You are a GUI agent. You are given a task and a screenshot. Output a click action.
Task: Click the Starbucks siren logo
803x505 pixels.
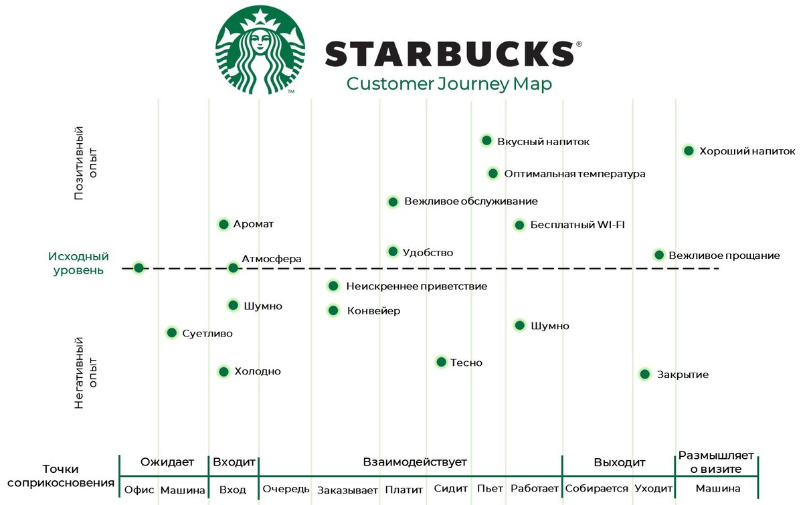pyautogui.click(x=260, y=50)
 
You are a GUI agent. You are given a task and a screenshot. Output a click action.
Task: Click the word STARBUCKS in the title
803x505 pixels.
pyautogui.click(x=449, y=54)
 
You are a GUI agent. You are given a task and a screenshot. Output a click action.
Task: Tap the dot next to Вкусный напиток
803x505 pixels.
pyautogui.click(x=486, y=140)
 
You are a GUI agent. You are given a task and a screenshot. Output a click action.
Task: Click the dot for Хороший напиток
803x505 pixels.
pyautogui.click(x=689, y=150)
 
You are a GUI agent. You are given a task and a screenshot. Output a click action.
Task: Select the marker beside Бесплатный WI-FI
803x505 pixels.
pyautogui.click(x=519, y=225)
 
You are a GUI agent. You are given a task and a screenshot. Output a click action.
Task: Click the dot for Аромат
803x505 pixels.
pyautogui.click(x=224, y=224)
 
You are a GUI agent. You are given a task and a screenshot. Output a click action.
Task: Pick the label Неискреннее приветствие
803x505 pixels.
pyautogui.click(x=416, y=286)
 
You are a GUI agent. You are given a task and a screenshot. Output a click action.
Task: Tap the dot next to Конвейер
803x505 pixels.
pyautogui.click(x=333, y=310)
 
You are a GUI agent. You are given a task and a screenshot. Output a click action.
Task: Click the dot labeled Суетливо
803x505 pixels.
pyautogui.click(x=171, y=332)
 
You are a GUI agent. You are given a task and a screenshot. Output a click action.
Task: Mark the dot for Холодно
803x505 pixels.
pyautogui.click(x=224, y=371)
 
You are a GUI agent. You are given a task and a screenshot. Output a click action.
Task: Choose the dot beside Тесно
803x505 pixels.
pyautogui.click(x=441, y=362)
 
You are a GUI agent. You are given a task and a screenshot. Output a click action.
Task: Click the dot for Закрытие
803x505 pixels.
pyautogui.click(x=644, y=374)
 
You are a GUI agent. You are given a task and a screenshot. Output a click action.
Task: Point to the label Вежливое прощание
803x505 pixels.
pyautogui.click(x=724, y=256)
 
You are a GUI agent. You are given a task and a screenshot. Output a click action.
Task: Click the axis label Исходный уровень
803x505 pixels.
pyautogui.click(x=78, y=264)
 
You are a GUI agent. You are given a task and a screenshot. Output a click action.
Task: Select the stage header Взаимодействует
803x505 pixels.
pyautogui.click(x=415, y=462)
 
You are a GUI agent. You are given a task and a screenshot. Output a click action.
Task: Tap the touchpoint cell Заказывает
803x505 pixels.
pyautogui.click(x=347, y=490)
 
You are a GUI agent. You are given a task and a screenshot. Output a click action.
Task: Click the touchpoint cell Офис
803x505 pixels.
pyautogui.click(x=139, y=490)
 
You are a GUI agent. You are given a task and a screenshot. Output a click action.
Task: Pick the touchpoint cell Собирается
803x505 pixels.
pyautogui.click(x=597, y=489)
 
